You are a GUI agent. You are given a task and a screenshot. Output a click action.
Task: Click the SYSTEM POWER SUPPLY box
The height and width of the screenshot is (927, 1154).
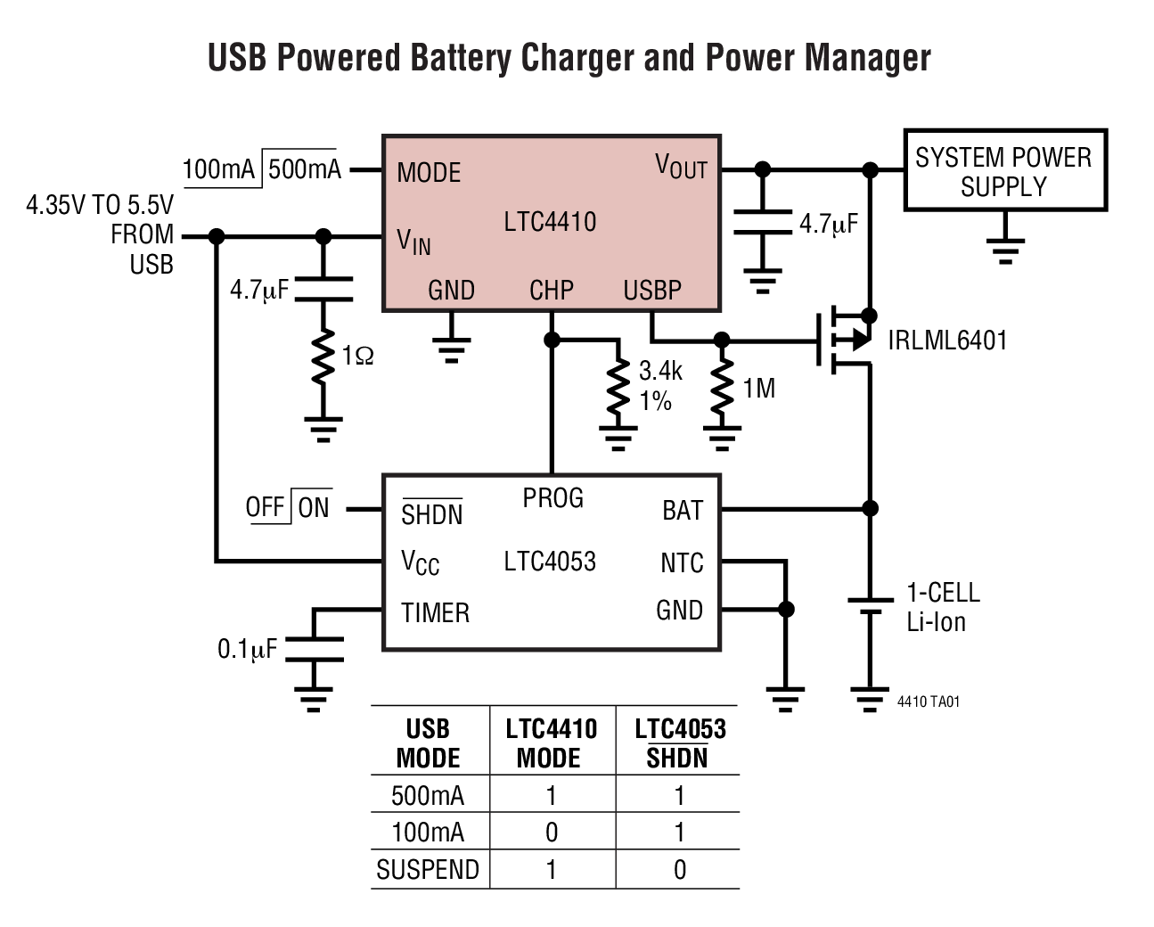pos(1004,170)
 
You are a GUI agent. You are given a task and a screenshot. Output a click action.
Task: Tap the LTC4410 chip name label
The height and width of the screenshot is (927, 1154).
pos(550,221)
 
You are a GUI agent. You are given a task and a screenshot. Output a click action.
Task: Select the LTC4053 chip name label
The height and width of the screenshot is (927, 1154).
pos(550,561)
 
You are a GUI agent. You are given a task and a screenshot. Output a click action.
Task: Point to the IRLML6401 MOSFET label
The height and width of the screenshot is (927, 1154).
pos(947,340)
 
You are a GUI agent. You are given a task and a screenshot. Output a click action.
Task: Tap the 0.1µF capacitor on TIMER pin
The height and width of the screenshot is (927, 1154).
pos(313,650)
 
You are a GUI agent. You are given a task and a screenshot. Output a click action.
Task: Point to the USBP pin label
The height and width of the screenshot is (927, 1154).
pos(652,291)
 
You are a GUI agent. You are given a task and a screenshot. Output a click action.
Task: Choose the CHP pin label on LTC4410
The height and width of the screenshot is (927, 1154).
pos(552,291)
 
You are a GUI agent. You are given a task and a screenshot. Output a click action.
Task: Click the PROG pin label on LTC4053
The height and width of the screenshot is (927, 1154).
pos(552,497)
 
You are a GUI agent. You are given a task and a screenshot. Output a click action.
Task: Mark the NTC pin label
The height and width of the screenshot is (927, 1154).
pos(682,563)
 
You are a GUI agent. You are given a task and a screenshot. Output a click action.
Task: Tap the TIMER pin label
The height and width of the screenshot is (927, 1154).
pos(435,613)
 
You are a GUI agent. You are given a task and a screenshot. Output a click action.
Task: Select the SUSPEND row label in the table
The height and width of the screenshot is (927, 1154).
pos(428,869)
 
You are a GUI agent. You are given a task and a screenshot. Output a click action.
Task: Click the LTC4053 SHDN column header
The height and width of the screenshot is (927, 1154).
pos(679,743)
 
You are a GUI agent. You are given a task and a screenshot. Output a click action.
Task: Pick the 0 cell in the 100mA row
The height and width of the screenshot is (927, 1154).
pos(552,832)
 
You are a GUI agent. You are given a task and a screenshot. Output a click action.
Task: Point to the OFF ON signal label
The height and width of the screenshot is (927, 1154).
pos(288,508)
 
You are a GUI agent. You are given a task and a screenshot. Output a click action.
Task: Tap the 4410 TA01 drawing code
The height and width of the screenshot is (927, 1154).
pos(928,701)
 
